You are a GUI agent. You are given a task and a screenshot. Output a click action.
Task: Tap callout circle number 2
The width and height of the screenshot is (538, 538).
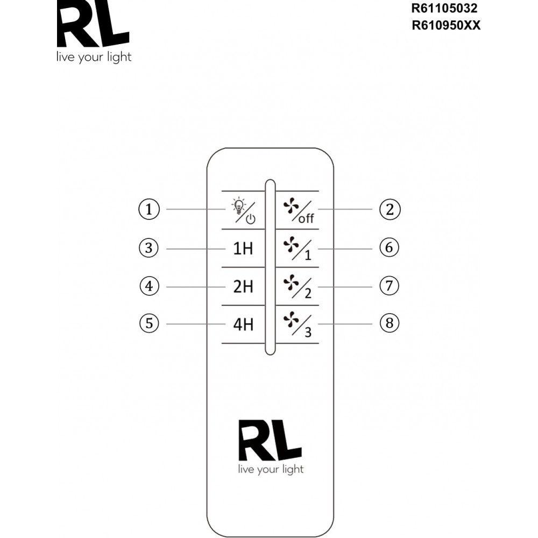pos(390,209)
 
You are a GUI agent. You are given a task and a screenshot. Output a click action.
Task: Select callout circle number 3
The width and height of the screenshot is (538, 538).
pos(148,249)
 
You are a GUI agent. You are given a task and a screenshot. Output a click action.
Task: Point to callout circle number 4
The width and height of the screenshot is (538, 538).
pos(148,286)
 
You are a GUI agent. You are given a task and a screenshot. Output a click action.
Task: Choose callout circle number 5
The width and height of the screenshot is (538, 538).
pos(148,323)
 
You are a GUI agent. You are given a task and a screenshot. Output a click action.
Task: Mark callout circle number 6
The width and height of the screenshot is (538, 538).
pos(389,247)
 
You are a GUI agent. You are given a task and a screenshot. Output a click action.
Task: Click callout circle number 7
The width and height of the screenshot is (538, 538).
pos(389,286)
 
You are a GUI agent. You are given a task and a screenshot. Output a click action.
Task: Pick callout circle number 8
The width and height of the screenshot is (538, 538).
pos(389,323)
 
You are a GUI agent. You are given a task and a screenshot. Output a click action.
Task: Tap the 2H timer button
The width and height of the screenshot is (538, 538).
pos(243,287)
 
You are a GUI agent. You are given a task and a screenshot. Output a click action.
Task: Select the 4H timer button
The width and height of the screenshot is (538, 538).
pos(243,325)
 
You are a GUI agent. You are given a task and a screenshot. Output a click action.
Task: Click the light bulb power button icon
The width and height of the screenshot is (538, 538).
pos(243,211)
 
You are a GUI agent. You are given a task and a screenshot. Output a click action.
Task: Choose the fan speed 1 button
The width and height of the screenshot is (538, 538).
pos(297,249)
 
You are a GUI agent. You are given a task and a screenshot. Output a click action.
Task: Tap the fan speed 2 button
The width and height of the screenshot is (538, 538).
pos(297,287)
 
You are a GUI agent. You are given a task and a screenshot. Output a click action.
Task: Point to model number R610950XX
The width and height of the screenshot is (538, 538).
pos(445,25)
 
